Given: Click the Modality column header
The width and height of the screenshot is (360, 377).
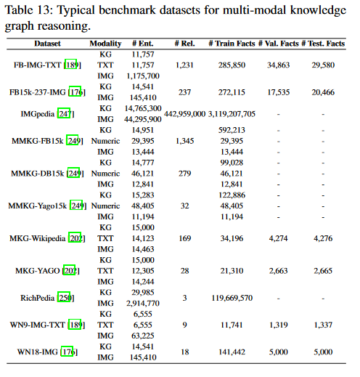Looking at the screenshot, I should pos(105,44).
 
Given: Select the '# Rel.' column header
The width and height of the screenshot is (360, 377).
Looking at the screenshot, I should pos(182,44).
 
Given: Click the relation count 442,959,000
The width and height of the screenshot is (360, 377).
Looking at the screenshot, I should pos(182,113).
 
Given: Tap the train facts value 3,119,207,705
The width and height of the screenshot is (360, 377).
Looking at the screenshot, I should pos(231,113).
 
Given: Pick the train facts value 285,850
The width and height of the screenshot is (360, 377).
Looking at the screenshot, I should pos(231,65).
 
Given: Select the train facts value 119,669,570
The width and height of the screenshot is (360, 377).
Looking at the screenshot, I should pos(231,297).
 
